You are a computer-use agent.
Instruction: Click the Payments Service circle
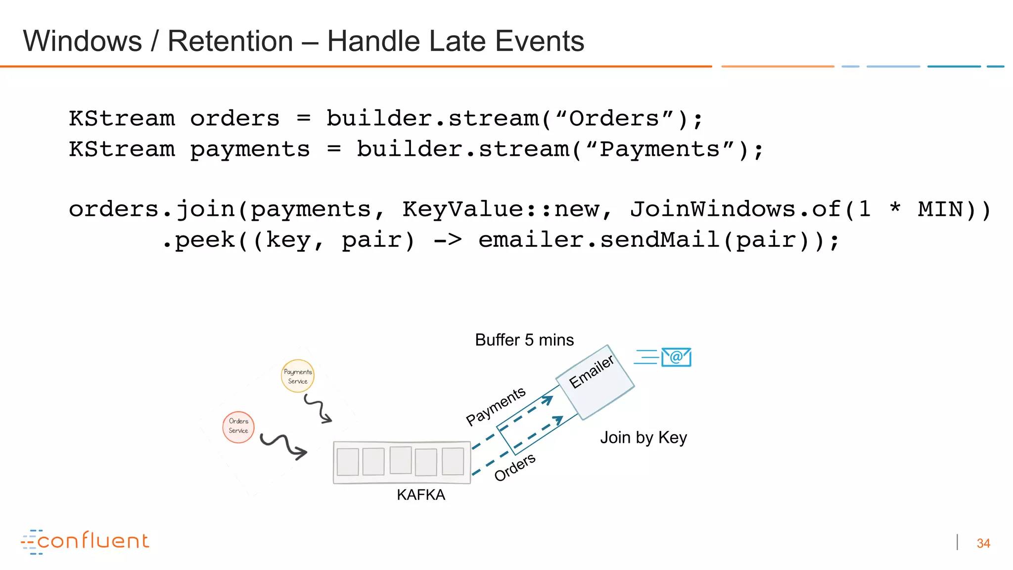(x=297, y=376)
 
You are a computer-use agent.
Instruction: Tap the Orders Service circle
(x=238, y=427)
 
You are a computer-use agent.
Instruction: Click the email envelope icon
(x=676, y=357)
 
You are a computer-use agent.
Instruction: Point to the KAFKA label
(x=421, y=495)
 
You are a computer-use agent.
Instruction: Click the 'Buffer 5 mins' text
(x=524, y=340)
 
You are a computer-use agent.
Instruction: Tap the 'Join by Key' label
(x=644, y=437)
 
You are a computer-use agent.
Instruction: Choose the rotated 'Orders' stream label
(x=515, y=467)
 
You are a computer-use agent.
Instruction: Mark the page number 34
(x=983, y=543)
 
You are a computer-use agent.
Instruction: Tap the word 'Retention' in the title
(x=230, y=41)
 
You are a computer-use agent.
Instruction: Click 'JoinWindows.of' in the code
(x=736, y=209)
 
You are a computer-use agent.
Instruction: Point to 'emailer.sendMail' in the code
(x=599, y=240)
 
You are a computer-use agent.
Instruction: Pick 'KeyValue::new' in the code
(x=507, y=209)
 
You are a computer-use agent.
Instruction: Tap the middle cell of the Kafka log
(x=401, y=461)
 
